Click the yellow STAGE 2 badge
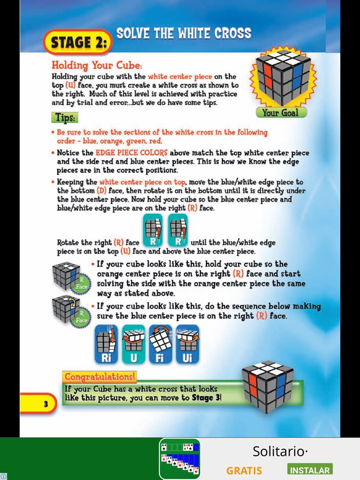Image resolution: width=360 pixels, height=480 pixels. (78, 42)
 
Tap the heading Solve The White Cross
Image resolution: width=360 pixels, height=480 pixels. (184, 33)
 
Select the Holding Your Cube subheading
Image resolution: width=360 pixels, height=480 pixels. (97, 66)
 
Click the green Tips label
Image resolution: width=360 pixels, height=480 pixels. (65, 117)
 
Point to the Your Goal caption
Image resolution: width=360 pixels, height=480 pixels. (281, 113)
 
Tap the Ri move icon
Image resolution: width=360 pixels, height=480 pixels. (106, 344)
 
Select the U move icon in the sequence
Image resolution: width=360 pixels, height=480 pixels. (134, 344)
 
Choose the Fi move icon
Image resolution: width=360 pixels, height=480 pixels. (160, 344)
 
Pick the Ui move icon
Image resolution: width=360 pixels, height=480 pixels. (187, 344)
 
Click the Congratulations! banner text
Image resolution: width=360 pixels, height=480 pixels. (99, 377)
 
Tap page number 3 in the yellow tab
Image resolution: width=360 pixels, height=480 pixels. (45, 404)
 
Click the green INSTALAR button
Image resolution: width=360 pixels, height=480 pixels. (310, 470)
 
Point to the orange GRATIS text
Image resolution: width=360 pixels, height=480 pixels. (244, 471)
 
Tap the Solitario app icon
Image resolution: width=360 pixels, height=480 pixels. (180, 458)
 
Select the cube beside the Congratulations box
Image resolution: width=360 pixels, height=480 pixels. (268, 387)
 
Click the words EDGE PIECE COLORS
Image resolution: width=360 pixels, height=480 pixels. (132, 153)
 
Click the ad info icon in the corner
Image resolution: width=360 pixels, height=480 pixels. (3, 476)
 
